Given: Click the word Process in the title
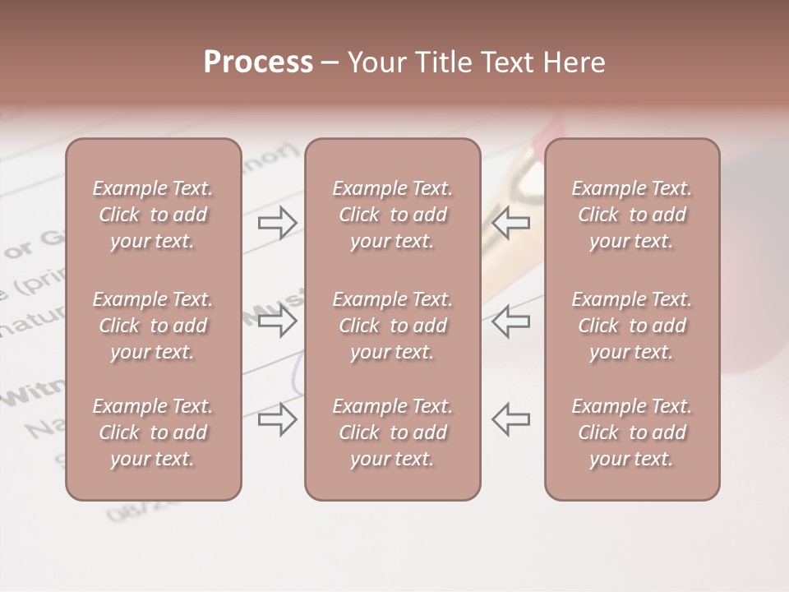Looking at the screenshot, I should tap(258, 62).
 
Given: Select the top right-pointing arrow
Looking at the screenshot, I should tap(277, 223).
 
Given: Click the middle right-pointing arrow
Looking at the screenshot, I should tap(277, 321).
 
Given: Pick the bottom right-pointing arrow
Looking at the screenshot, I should tap(277, 419).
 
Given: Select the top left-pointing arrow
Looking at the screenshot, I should tap(511, 223).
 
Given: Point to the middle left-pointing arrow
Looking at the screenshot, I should tap(511, 321).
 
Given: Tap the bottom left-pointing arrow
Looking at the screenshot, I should tap(511, 419).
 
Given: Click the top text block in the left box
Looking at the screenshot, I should tap(153, 215).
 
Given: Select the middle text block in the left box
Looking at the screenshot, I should tap(153, 326).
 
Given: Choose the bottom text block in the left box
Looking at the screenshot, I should tap(153, 432).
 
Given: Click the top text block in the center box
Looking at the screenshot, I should tap(392, 215).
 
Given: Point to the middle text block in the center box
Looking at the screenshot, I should tap(392, 326).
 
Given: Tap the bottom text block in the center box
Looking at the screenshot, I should tap(392, 432).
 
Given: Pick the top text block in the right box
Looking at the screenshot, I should tap(631, 215).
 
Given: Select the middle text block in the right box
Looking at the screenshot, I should tap(631, 326).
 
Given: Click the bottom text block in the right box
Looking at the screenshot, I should tap(631, 432).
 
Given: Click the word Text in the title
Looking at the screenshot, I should tap(505, 62).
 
